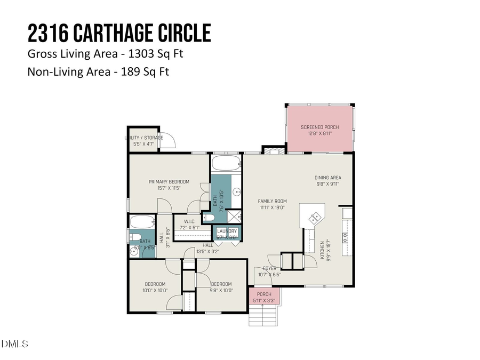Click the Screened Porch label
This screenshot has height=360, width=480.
click(x=320, y=127)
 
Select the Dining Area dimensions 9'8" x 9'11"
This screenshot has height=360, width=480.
click(x=327, y=184)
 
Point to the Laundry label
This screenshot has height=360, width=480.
click(x=227, y=231)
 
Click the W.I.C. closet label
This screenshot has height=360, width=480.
click(x=192, y=221)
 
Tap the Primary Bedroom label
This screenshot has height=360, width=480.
click(x=169, y=182)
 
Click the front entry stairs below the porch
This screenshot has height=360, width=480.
click(x=262, y=317)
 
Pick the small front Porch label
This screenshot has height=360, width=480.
click(x=264, y=294)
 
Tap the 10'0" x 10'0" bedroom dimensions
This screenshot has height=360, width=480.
click(x=155, y=291)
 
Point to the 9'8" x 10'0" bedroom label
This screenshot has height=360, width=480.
click(x=221, y=284)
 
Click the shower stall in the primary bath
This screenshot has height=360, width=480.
click(x=234, y=216)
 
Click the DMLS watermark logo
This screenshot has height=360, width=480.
click(x=15, y=344)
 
